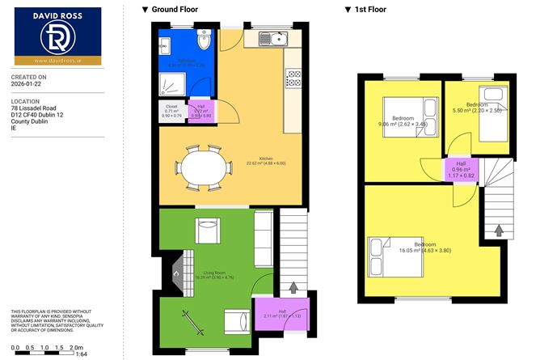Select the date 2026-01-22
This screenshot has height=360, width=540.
pyautogui.click(x=27, y=83)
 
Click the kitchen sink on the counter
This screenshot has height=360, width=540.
pyautogui.click(x=273, y=38)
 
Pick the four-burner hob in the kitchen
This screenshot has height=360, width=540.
pyautogui.click(x=293, y=78)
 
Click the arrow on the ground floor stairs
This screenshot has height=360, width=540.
pyautogui.click(x=293, y=286)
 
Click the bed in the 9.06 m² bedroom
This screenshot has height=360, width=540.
pyautogui.click(x=399, y=113)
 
